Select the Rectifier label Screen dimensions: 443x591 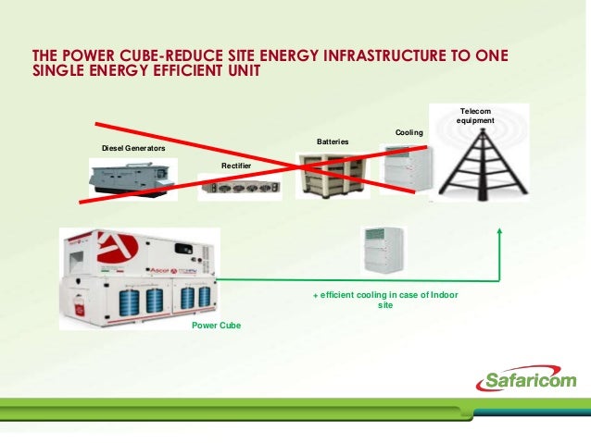click(x=236, y=165)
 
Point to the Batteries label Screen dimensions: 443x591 click(x=333, y=142)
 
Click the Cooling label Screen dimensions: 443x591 click(x=409, y=133)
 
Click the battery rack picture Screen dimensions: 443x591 click(x=332, y=173)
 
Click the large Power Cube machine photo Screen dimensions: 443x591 click(x=139, y=277)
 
